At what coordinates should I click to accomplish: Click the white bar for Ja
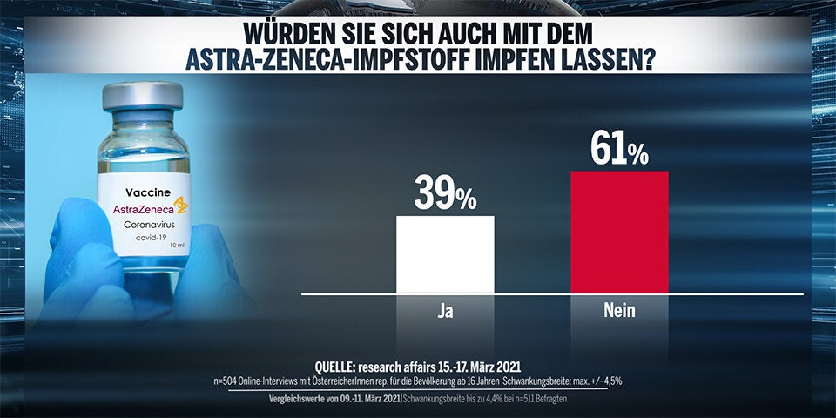445,254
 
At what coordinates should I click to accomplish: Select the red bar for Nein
619,232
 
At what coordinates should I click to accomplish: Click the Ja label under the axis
445,310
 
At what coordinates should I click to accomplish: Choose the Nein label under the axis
619,310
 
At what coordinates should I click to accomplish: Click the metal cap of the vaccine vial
142,94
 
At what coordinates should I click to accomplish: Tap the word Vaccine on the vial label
144,191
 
